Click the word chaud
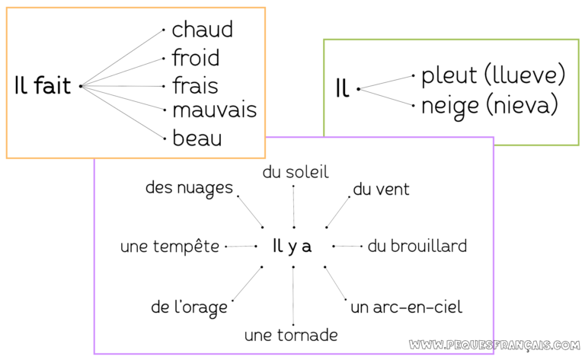click(x=202, y=30)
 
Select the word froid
click(x=195, y=58)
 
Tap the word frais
click(x=194, y=84)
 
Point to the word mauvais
click(x=214, y=110)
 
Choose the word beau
click(x=197, y=139)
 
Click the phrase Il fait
click(x=43, y=86)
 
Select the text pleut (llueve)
click(x=493, y=75)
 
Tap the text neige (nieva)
click(x=490, y=104)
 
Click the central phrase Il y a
click(x=292, y=246)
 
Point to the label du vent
click(x=381, y=189)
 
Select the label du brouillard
click(x=417, y=246)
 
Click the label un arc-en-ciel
click(x=406, y=307)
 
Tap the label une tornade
click(x=291, y=335)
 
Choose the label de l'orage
click(x=189, y=307)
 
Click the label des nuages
click(x=189, y=187)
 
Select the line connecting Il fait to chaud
click(x=122, y=58)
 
